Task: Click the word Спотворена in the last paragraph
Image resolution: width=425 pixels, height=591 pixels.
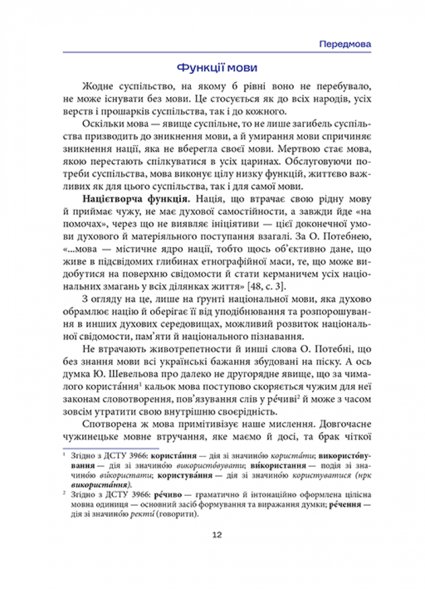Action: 112,425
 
